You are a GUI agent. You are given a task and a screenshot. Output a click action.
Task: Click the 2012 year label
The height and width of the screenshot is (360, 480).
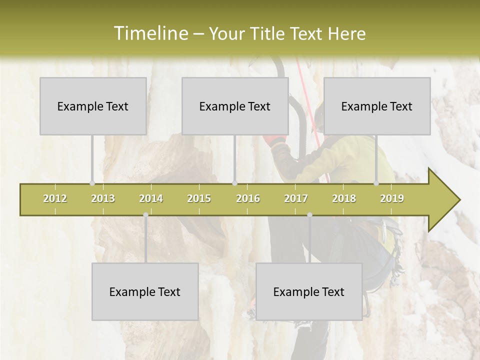point(55,198)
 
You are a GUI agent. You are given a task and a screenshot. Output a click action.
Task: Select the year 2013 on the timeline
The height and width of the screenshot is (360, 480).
point(103,198)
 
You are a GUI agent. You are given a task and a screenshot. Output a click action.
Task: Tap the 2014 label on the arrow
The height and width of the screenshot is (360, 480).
point(151,198)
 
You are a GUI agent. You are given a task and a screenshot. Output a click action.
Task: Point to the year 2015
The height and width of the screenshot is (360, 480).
point(199,198)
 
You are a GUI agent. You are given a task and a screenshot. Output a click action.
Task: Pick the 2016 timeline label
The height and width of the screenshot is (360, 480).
point(248,198)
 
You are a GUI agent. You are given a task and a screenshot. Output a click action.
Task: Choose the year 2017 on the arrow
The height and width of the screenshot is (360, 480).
point(296,198)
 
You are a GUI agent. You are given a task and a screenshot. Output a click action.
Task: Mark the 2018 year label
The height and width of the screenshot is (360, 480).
point(344,198)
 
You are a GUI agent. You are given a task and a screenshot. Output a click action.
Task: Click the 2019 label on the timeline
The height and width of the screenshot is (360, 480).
point(392,198)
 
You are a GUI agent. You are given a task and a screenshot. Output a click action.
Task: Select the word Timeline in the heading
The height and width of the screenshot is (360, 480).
point(150,33)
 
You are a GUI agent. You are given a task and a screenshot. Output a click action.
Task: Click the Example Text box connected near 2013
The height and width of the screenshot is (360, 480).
point(93,106)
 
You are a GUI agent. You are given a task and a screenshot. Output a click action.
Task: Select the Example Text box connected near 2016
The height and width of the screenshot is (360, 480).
point(235,106)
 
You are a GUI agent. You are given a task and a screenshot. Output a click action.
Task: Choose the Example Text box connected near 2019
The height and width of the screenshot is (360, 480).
point(377,106)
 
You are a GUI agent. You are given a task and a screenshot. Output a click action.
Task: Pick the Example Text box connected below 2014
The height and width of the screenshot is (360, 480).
point(145,291)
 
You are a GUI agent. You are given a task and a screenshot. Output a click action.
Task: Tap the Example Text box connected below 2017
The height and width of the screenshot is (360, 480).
point(309,291)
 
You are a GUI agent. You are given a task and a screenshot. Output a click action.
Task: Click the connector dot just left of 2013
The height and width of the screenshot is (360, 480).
point(92,183)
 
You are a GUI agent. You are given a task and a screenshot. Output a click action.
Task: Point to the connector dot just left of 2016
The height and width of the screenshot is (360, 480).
point(235,183)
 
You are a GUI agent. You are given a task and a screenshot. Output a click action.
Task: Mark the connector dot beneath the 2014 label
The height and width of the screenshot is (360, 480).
point(145,214)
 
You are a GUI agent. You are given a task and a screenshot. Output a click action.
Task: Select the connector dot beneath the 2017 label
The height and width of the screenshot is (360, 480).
point(309,214)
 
